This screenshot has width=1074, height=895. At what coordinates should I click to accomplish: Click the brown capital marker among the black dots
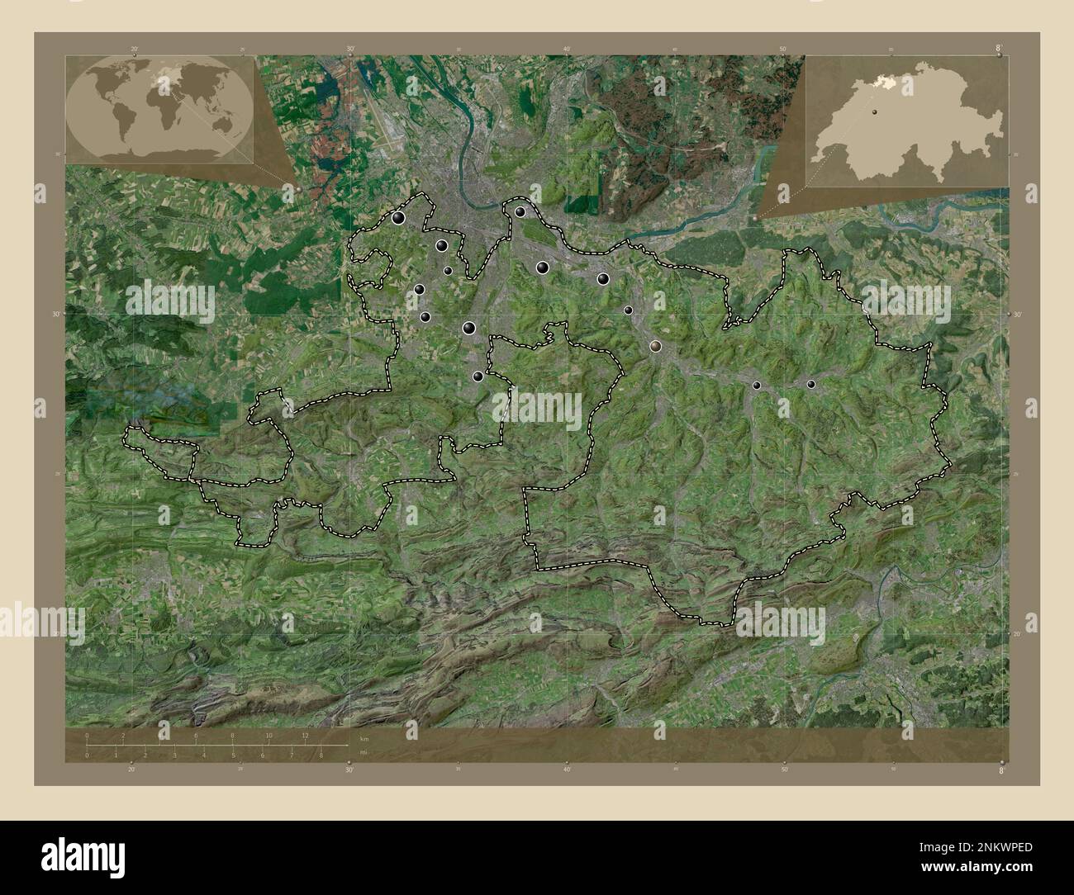point(656,347)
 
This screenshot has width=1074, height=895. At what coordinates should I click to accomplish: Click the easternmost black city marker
point(810,384)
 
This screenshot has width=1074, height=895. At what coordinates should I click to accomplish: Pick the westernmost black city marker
point(399,218)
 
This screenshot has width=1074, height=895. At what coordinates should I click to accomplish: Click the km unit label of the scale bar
point(364,738)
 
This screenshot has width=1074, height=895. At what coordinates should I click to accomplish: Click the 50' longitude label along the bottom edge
point(783,770)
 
